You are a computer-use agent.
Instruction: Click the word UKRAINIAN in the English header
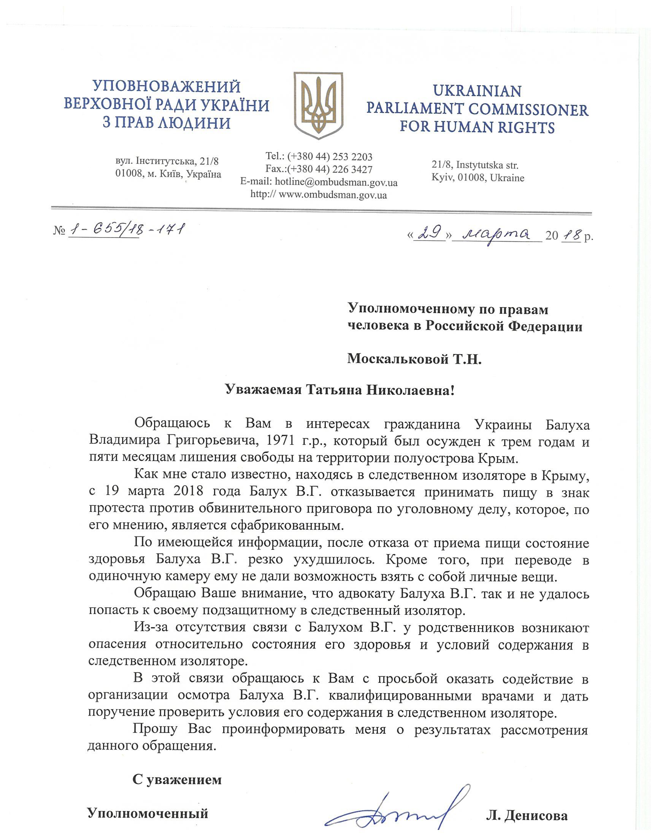pos(477,91)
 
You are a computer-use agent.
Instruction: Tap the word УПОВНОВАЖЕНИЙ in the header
pos(167,87)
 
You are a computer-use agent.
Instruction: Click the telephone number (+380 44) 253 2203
pos(330,157)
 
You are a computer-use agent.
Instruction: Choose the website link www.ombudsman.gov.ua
pos(332,195)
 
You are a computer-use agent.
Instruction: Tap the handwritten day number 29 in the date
pos(428,234)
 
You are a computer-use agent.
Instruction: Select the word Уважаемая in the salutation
pos(263,390)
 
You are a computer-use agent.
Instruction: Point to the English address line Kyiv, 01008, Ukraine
pos(478,178)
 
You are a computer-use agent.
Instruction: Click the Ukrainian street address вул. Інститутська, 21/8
pos(167,161)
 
